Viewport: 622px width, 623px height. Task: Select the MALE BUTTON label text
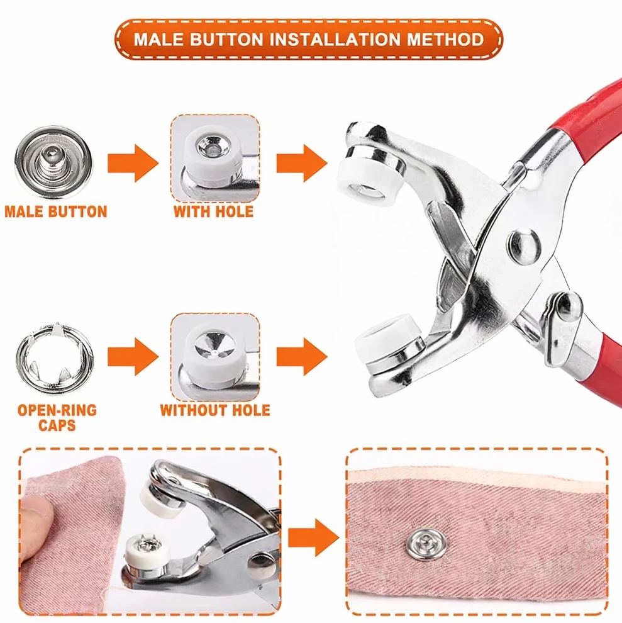tap(56, 211)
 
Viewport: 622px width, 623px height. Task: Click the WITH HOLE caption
tap(214, 211)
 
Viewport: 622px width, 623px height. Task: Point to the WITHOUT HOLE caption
tap(215, 410)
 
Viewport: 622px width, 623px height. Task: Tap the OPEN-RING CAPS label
tap(57, 418)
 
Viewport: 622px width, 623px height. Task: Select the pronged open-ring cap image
tap(55, 356)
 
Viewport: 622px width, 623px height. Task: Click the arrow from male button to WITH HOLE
tap(133, 163)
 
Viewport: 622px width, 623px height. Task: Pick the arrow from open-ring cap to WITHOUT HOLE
tap(133, 357)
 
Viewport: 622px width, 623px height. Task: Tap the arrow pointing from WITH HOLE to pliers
tap(302, 163)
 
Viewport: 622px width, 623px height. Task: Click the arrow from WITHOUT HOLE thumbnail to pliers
tap(302, 357)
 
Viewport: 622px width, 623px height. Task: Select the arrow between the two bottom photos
tap(313, 537)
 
